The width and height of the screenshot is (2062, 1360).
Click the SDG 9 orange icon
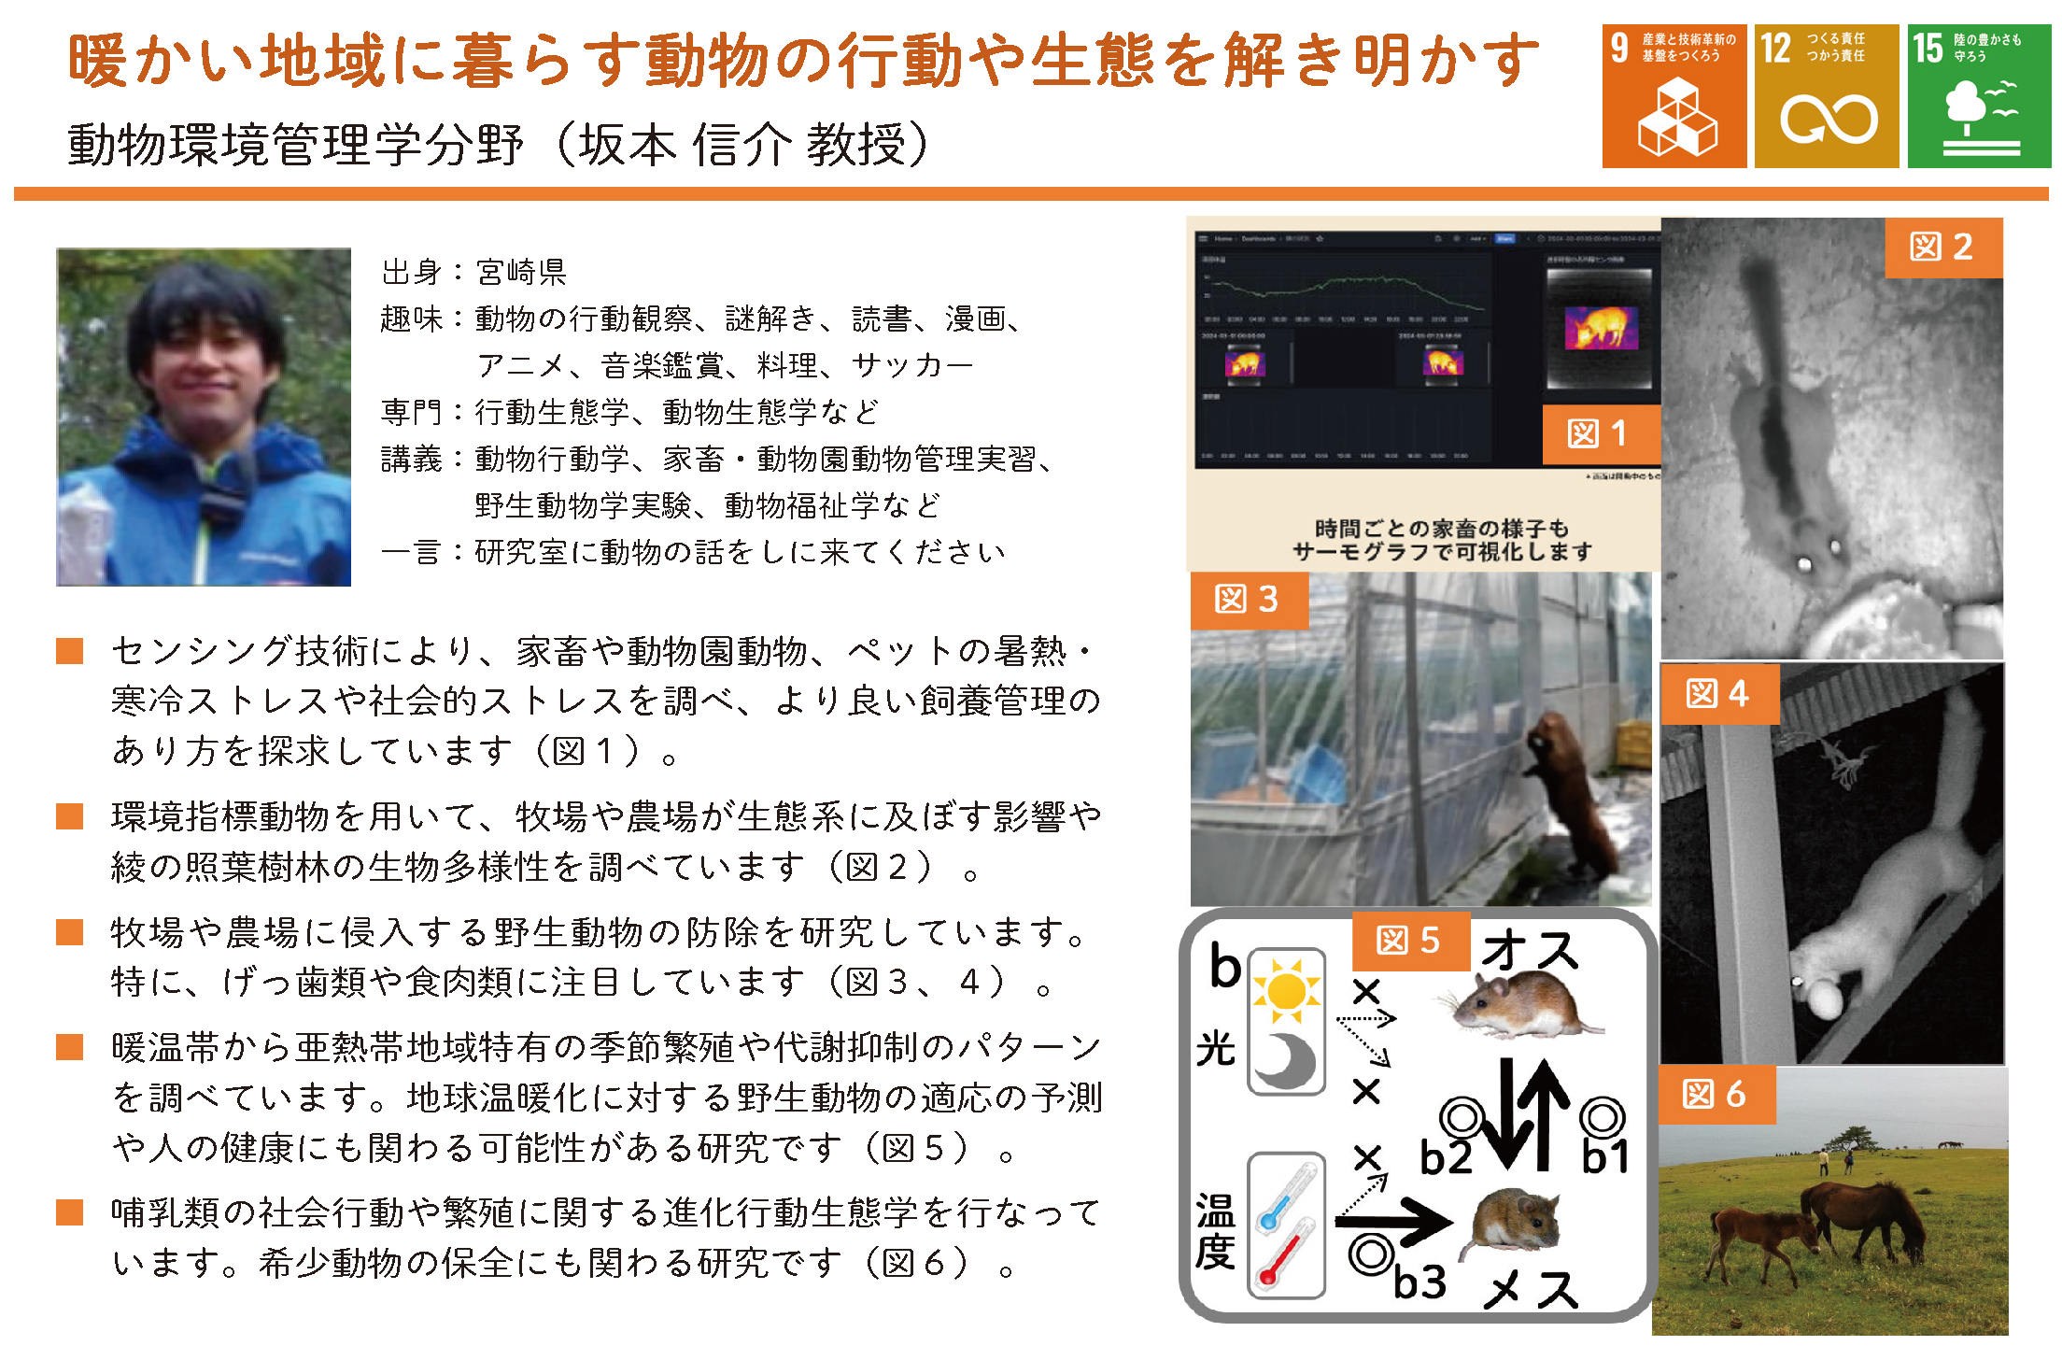pos(1674,96)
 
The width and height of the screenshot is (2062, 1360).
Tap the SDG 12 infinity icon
pos(1826,96)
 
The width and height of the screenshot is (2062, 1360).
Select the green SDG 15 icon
pos(1979,96)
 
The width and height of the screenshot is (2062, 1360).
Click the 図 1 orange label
pos(1599,433)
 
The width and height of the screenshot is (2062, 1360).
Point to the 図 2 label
pos(1942,248)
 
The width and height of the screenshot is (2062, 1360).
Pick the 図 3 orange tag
pos(1248,600)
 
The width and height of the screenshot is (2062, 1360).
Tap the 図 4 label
pos(1718,694)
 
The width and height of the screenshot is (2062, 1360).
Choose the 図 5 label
pos(1409,941)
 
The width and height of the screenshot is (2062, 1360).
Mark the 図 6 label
pos(1715,1094)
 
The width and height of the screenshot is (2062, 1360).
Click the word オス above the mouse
pos(1531,951)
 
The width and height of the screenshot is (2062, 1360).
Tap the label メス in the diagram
pos(1532,1290)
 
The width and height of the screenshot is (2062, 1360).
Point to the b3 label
pos(1419,1282)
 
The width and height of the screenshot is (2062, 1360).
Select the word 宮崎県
pos(521,273)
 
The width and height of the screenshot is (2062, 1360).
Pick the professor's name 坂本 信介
pos(685,146)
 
